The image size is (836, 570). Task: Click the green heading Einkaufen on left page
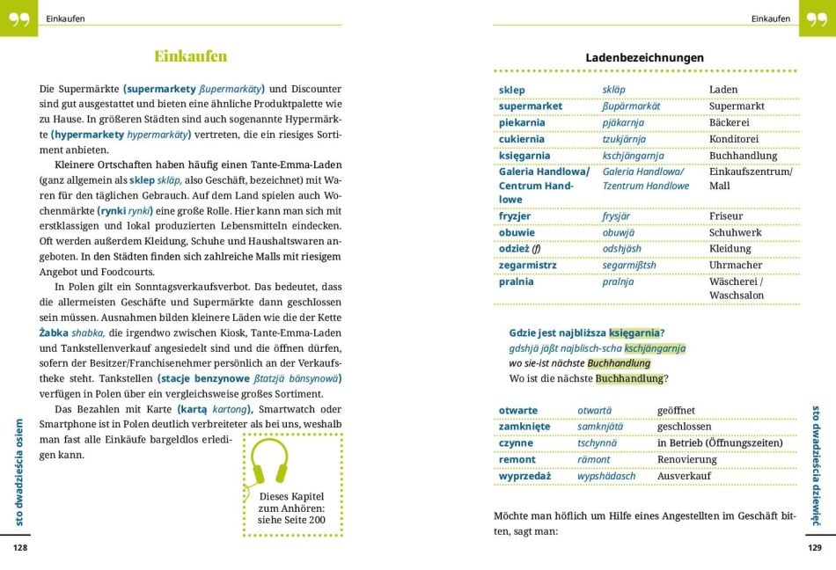tap(190, 56)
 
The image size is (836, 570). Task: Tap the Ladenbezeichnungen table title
tap(644, 58)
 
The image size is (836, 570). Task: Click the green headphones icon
tap(270, 463)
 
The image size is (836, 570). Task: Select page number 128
tap(20, 547)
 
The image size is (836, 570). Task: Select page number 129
tap(815, 547)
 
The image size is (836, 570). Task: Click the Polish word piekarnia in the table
tap(522, 122)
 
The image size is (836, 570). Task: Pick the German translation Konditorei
tap(733, 139)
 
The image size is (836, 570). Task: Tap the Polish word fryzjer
tap(515, 216)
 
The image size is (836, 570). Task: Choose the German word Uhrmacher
tap(736, 265)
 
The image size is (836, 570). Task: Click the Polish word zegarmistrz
tap(528, 265)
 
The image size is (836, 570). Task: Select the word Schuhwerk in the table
tap(736, 232)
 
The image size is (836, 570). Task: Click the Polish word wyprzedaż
tap(524, 476)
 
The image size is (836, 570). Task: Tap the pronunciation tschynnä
tap(597, 443)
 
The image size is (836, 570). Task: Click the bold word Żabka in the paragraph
tap(56, 332)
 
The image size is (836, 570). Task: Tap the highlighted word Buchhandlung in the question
tap(628, 378)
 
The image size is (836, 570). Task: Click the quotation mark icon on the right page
tap(817, 18)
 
